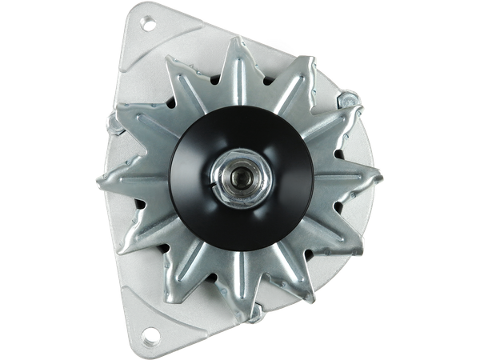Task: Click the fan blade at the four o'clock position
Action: pyautogui.click(x=352, y=240)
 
